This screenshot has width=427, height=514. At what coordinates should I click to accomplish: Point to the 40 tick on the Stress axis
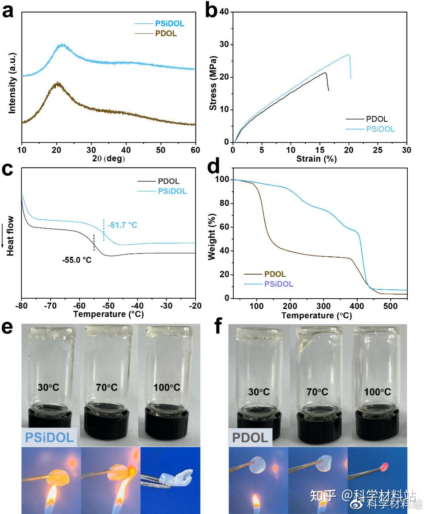(224, 12)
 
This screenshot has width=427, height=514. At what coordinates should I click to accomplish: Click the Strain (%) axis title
(316, 159)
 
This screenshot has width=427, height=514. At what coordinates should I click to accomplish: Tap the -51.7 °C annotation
(122, 225)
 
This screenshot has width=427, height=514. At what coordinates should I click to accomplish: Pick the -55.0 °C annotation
(77, 260)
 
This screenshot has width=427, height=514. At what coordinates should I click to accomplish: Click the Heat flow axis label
(10, 236)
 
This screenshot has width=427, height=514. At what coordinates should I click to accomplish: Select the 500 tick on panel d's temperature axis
(390, 306)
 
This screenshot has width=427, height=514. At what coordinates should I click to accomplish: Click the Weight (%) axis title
(212, 237)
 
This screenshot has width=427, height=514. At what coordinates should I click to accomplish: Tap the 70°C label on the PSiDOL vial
(107, 387)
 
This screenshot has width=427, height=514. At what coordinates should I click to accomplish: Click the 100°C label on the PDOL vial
(377, 392)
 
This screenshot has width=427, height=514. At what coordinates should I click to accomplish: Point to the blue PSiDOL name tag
(50, 437)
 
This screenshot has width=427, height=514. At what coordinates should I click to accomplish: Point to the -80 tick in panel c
(21, 306)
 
